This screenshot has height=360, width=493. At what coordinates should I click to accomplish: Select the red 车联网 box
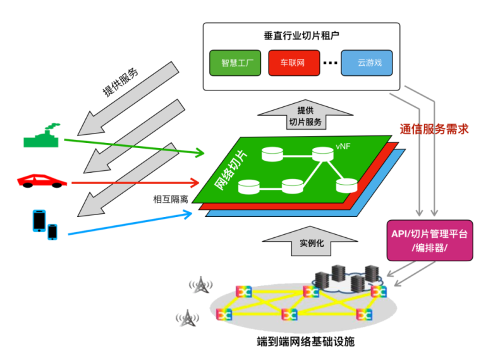293,63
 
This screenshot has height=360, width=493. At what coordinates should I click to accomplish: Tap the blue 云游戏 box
366,63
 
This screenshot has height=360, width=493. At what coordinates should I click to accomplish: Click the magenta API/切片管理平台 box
429,240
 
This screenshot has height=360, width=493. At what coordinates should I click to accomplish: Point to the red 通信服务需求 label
434,128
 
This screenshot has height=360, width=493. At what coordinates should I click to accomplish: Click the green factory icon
42,137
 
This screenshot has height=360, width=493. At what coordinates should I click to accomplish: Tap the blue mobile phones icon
45,223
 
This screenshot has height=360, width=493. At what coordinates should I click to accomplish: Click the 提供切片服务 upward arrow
305,116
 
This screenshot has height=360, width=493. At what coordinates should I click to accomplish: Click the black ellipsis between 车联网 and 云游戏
330,63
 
